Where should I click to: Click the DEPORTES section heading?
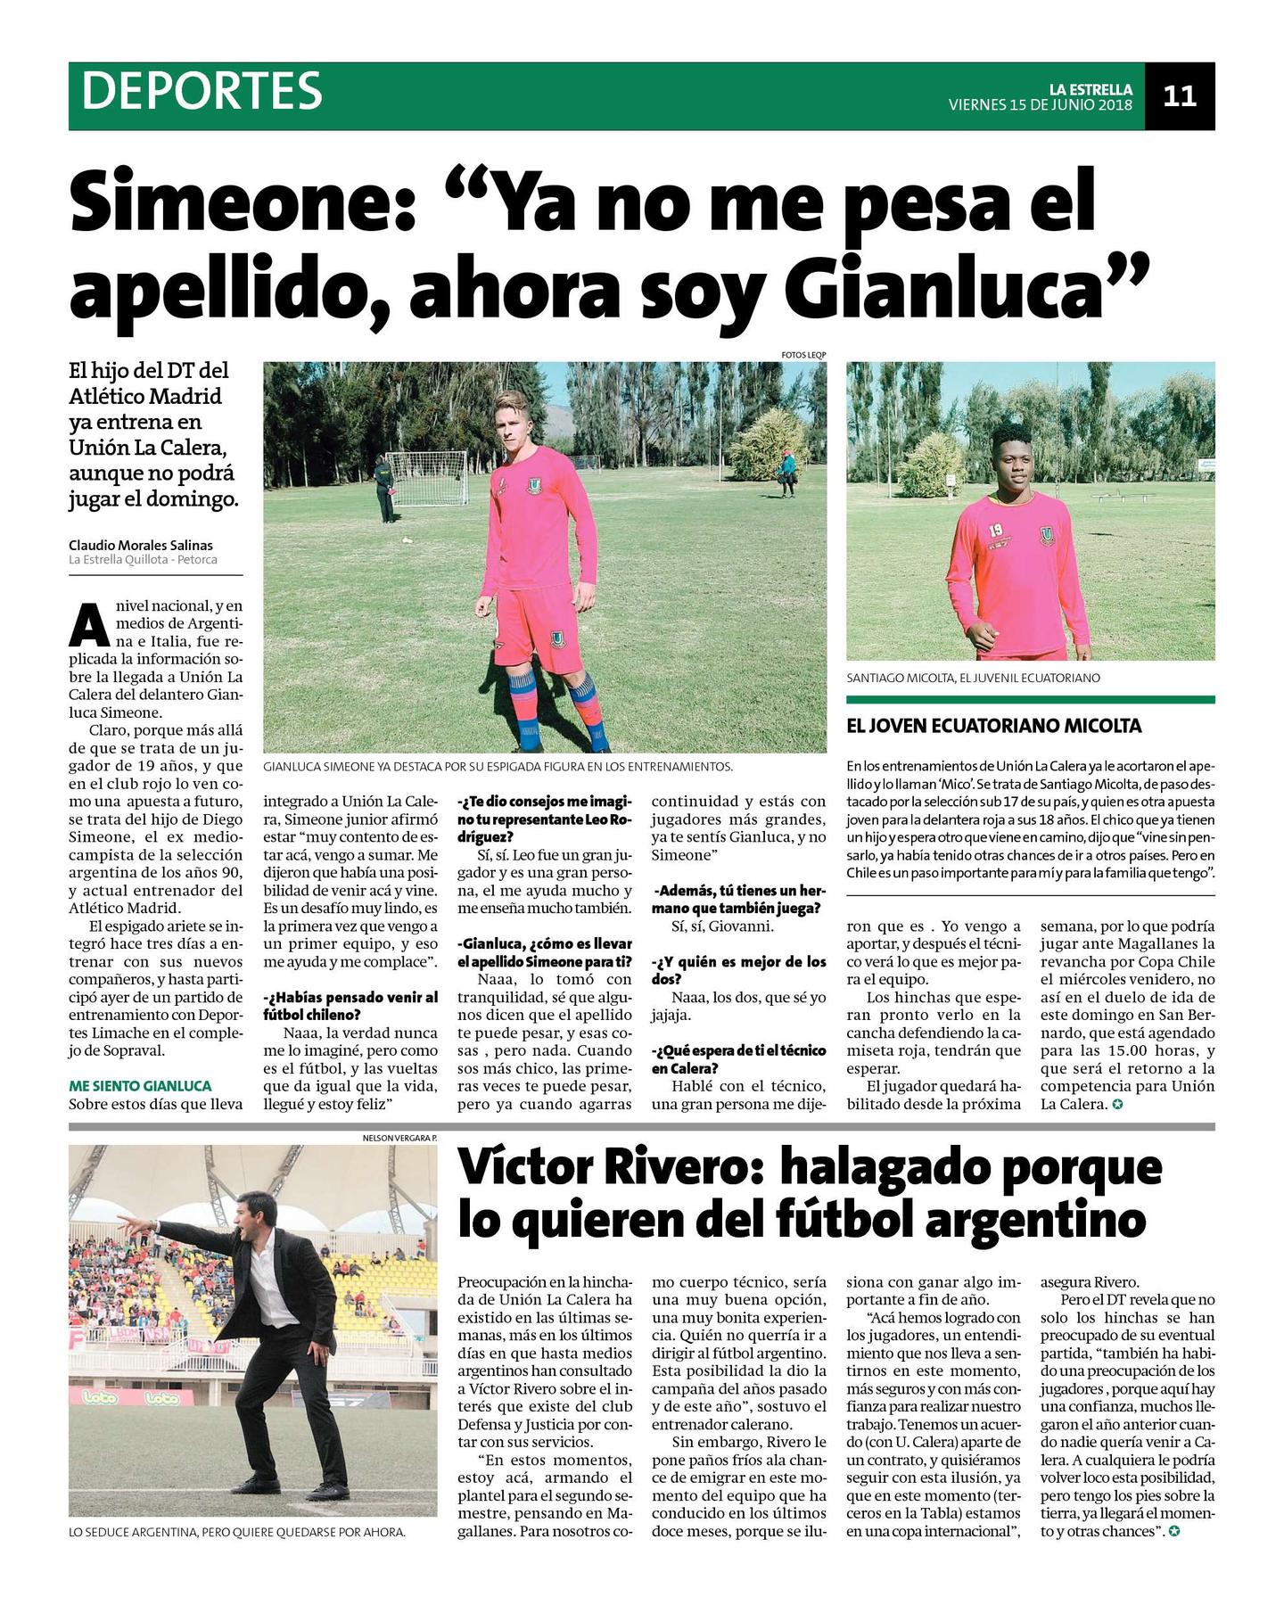(202, 90)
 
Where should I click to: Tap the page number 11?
(1179, 95)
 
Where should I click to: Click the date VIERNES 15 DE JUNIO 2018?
(1040, 105)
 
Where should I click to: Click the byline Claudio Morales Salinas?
(141, 545)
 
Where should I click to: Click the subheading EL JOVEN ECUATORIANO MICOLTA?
(993, 726)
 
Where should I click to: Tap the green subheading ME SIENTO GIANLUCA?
(140, 1086)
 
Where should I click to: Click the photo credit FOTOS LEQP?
(803, 355)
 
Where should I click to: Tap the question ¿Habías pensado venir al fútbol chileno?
(350, 1006)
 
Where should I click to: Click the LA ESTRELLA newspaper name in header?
(1090, 89)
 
